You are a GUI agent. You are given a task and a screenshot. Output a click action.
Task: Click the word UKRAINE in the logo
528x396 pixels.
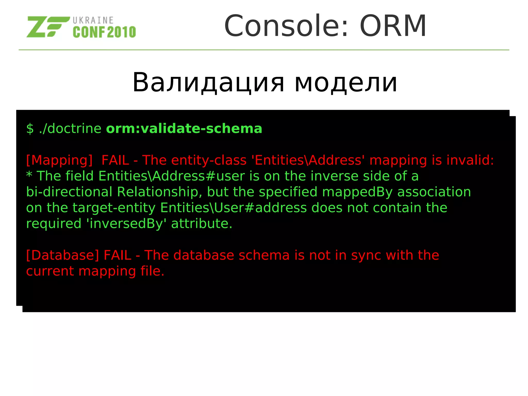point(93,20)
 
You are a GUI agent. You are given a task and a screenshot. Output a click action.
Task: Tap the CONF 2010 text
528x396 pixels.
point(104,32)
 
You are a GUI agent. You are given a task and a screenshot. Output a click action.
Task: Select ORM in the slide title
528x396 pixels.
point(393,26)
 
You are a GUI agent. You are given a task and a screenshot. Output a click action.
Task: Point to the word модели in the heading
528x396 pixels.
point(346,83)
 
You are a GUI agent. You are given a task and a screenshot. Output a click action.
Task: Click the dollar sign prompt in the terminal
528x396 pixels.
point(30,129)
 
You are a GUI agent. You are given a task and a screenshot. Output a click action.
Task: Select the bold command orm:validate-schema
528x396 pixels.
point(184,129)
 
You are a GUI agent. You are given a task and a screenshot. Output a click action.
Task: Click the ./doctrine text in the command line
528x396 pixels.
point(70,129)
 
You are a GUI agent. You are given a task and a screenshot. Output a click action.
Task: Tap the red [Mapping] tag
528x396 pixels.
point(59,160)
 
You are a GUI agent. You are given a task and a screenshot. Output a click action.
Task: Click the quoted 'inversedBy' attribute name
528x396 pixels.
point(126,224)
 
